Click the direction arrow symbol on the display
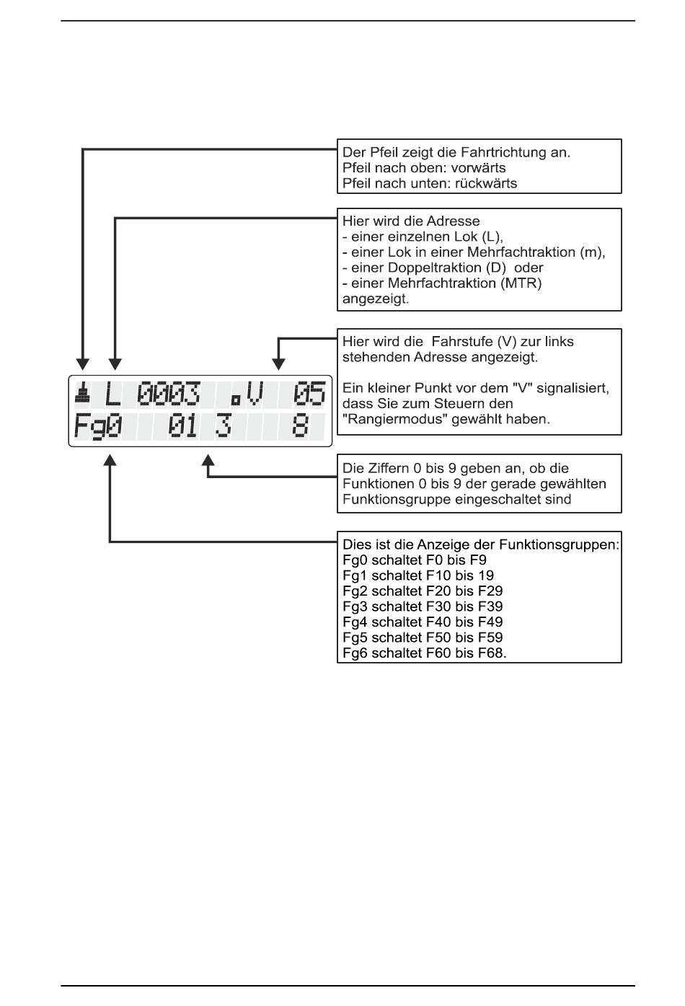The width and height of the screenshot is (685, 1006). point(82,392)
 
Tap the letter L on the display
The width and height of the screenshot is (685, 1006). point(112,394)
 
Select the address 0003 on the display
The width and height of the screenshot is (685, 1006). point(169,394)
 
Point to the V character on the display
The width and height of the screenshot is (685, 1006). point(255,394)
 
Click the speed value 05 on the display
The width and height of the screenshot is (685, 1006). point(309,394)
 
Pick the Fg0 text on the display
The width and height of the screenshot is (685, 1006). point(97,426)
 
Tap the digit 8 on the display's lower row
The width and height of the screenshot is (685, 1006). point(301,425)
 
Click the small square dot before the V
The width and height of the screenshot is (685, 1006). point(235,400)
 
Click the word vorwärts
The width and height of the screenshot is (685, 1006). point(478,168)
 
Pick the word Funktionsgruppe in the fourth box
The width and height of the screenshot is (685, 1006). point(396,500)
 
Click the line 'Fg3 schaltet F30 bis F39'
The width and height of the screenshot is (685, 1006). point(423,606)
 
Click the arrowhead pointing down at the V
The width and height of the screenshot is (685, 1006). point(278,364)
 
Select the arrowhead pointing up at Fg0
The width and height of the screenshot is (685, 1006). point(110,460)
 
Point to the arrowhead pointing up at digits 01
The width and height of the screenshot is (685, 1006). point(208,460)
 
